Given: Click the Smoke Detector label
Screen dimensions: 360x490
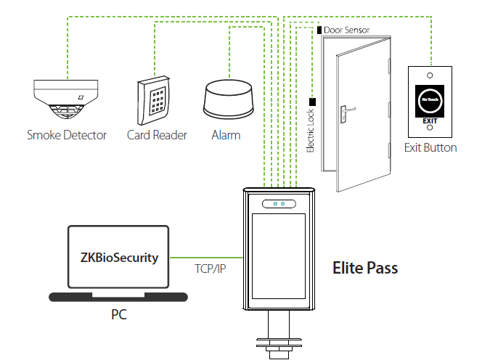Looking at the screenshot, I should point(67,135).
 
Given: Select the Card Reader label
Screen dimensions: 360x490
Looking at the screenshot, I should point(157,135).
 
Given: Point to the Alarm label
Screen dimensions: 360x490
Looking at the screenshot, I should point(226,135).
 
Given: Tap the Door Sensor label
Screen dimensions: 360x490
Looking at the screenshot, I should point(347,30).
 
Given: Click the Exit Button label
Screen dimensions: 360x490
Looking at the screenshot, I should point(430,148).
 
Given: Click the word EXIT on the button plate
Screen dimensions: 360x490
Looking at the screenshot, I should point(430,120).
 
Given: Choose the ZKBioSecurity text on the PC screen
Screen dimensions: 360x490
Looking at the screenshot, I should point(118,258).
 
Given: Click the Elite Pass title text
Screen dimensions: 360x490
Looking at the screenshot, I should point(364,268).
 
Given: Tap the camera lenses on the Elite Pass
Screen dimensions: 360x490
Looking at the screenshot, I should point(279,204).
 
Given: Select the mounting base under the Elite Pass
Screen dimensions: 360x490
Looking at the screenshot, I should point(279,341).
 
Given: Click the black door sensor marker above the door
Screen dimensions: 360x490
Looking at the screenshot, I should point(319,30).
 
